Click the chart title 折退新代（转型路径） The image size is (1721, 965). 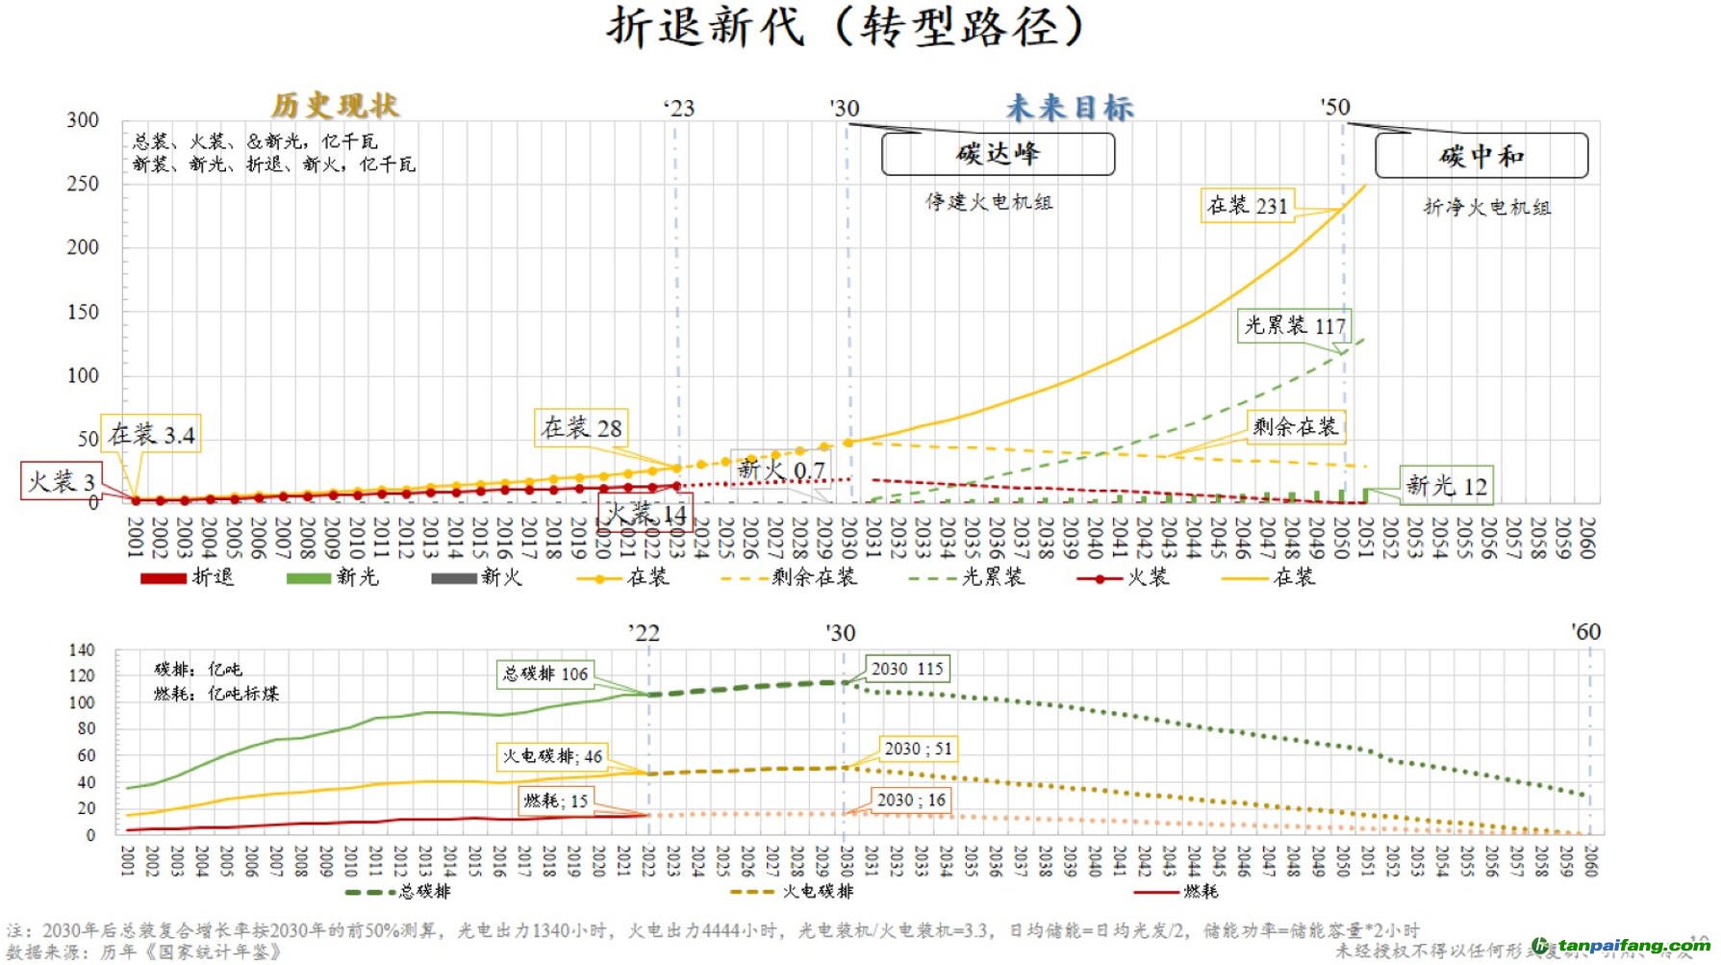846,27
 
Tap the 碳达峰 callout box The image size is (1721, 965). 998,154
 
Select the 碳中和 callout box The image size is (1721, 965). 1481,156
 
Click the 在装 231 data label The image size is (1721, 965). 1247,206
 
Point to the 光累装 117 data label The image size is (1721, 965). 1294,326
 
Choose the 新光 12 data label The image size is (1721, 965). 1446,486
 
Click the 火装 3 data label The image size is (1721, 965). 62,481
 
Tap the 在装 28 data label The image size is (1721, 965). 581,428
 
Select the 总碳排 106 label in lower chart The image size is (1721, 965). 544,673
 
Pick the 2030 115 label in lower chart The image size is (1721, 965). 906,669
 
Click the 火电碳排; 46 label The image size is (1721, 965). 552,756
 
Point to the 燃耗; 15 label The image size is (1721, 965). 555,800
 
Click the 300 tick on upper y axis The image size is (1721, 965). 83,120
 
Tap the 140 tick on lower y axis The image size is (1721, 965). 82,650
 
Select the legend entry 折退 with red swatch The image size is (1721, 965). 187,577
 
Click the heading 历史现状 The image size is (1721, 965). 335,105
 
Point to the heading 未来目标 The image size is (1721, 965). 1070,108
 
